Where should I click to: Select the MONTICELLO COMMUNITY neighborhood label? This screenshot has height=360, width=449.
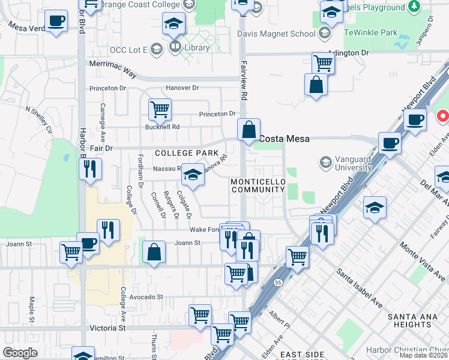coord(258,185)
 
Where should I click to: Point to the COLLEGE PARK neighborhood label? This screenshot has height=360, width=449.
coord(187,153)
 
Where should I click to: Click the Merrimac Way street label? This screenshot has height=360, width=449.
coord(112,63)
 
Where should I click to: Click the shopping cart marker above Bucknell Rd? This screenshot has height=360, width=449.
coord(160,109)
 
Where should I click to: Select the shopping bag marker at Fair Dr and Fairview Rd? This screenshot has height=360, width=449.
coord(249,129)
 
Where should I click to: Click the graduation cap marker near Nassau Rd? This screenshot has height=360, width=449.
coord(193,174)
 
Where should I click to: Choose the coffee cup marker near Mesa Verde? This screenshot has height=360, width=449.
coord(56,21)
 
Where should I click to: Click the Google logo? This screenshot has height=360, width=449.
coord(20,353)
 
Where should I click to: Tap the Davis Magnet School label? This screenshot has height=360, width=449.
coord(276,34)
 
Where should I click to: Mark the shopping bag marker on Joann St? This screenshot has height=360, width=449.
coord(154,252)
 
